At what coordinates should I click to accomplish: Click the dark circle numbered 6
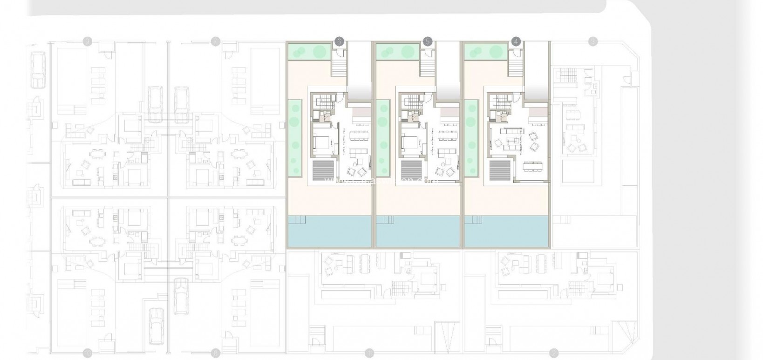click(x=339, y=41)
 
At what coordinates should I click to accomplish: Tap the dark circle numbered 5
click(x=427, y=41)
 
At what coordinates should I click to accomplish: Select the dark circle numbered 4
click(x=515, y=41)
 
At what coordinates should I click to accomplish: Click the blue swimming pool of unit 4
click(x=507, y=231)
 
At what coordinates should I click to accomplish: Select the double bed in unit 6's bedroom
click(x=321, y=141)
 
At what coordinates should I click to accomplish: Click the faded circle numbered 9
click(x=87, y=41)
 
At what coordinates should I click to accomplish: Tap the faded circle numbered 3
click(x=593, y=41)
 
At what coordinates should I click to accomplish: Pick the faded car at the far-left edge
click(x=37, y=70)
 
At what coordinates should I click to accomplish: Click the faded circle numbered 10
click(x=88, y=353)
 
